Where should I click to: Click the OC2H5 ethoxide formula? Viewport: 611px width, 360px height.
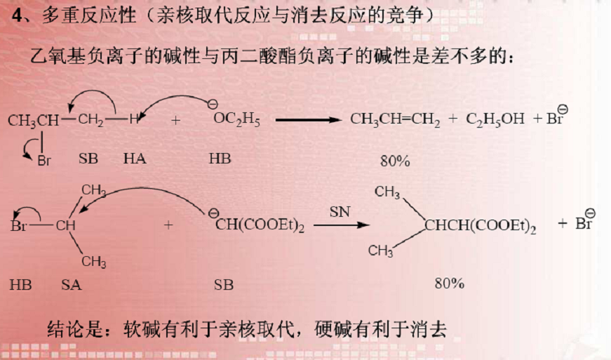click(236, 121)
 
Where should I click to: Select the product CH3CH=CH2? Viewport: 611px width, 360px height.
click(395, 120)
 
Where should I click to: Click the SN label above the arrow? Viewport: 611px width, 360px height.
click(340, 211)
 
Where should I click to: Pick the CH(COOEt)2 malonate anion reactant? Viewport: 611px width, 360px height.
click(260, 226)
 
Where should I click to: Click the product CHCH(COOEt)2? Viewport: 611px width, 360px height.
click(480, 226)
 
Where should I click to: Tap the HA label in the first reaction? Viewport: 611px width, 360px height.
click(134, 159)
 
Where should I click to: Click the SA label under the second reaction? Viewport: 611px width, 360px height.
click(71, 286)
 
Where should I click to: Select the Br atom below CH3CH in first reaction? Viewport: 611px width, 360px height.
click(44, 161)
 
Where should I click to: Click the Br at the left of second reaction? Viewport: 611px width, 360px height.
click(19, 226)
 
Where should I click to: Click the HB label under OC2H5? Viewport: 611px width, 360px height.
click(220, 159)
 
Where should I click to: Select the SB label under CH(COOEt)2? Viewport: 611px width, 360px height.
click(224, 286)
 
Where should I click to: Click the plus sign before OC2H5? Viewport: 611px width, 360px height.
click(175, 120)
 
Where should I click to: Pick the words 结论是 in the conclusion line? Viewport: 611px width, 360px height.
click(74, 328)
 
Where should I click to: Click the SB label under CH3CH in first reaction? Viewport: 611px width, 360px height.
click(88, 159)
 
